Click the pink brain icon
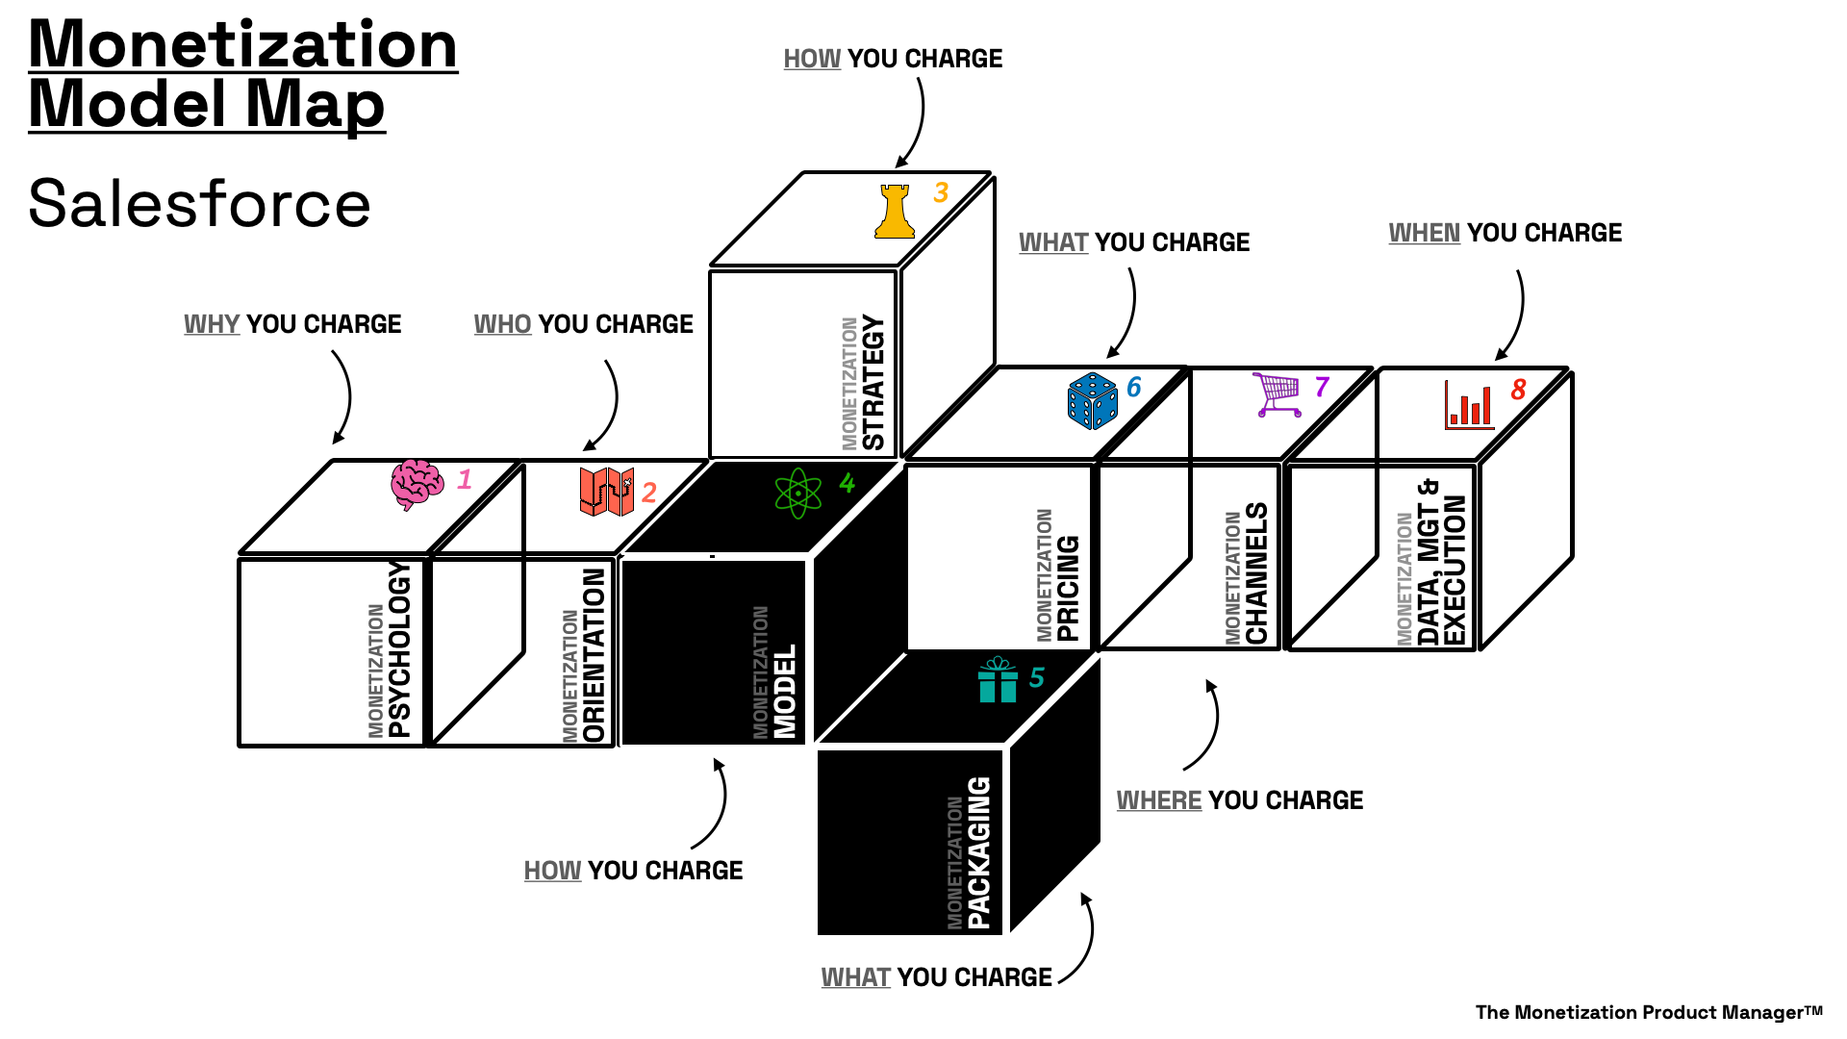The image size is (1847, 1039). [x=417, y=484]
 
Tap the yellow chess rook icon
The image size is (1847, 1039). [x=895, y=212]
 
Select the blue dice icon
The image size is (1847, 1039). [x=1093, y=400]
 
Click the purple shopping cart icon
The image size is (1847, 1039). [x=1278, y=394]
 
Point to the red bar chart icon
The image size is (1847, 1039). [x=1469, y=405]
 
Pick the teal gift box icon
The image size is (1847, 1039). [x=998, y=680]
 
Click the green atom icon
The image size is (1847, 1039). [x=797, y=494]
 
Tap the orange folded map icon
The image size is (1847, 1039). [x=606, y=492]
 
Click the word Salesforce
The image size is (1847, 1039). [x=199, y=204]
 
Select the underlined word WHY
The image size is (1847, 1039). [x=212, y=324]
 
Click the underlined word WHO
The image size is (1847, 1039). [x=502, y=324]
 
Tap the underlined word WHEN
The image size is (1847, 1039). [x=1424, y=233]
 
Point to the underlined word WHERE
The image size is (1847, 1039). [x=1158, y=800]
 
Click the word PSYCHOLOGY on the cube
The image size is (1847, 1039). [x=399, y=649]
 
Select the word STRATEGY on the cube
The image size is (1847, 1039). [x=873, y=382]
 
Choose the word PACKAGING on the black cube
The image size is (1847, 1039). [x=978, y=852]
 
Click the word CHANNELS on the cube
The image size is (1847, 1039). [x=1256, y=573]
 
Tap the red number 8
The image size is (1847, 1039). [x=1518, y=390]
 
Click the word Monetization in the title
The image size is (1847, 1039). [x=243, y=44]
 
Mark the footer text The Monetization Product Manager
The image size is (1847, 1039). [x=1648, y=1012]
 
